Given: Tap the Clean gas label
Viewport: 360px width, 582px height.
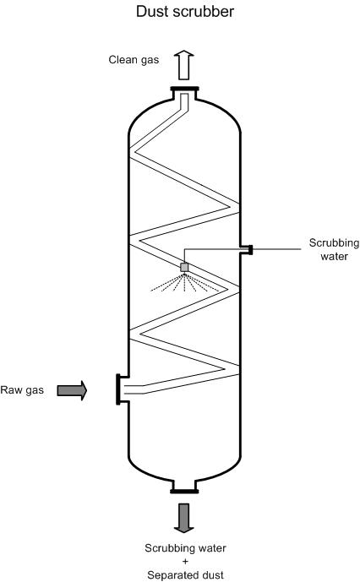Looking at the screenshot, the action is (x=134, y=60).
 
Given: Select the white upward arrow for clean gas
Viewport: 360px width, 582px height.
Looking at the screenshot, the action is (x=184, y=66).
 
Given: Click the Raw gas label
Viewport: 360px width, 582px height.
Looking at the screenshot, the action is (x=22, y=390).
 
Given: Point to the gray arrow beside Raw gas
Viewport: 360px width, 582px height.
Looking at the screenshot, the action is (x=72, y=390).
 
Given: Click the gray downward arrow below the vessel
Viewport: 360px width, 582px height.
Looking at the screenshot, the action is (x=184, y=518).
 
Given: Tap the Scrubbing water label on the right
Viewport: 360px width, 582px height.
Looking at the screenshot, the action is (x=334, y=249).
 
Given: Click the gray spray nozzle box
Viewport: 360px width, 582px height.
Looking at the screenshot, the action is (x=184, y=267).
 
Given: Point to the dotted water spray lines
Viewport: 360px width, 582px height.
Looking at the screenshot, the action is (x=184, y=283).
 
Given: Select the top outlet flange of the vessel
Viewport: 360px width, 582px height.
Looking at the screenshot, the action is (x=184, y=89).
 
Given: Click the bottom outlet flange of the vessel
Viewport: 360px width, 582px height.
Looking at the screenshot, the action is (x=184, y=492).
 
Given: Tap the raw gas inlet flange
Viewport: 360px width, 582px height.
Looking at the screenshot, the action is (x=118, y=389).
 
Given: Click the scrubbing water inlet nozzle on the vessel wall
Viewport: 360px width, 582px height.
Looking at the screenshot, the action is (x=247, y=250).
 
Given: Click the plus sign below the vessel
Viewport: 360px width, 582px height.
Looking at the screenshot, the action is (x=185, y=561).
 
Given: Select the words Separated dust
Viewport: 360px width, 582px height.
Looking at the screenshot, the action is (x=185, y=575).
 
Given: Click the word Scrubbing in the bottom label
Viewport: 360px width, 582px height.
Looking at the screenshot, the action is (x=168, y=548).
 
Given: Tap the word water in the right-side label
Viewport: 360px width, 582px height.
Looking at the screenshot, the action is (x=335, y=257).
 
